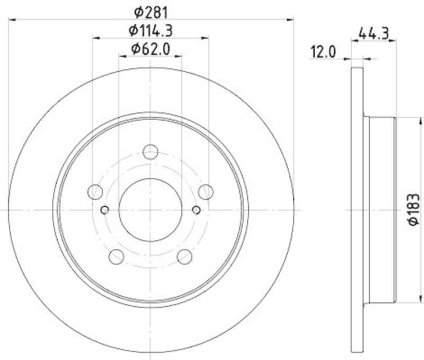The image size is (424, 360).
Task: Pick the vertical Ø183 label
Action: pos(414,210)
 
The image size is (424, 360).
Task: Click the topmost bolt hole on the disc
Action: pos(151,151)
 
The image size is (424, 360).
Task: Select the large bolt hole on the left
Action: pos(96,191)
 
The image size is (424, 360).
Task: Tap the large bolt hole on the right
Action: pos(205,191)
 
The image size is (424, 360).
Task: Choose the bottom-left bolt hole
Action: pos(117,257)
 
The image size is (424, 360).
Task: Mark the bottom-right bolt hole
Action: pos(184,257)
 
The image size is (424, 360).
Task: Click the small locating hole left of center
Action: pos(104,210)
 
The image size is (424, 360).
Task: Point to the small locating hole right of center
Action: pos(197,210)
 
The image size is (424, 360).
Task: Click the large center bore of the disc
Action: pos(151,209)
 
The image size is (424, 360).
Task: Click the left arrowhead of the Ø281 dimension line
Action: pos(12,20)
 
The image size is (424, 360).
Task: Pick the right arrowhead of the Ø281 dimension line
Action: pos(291,20)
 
